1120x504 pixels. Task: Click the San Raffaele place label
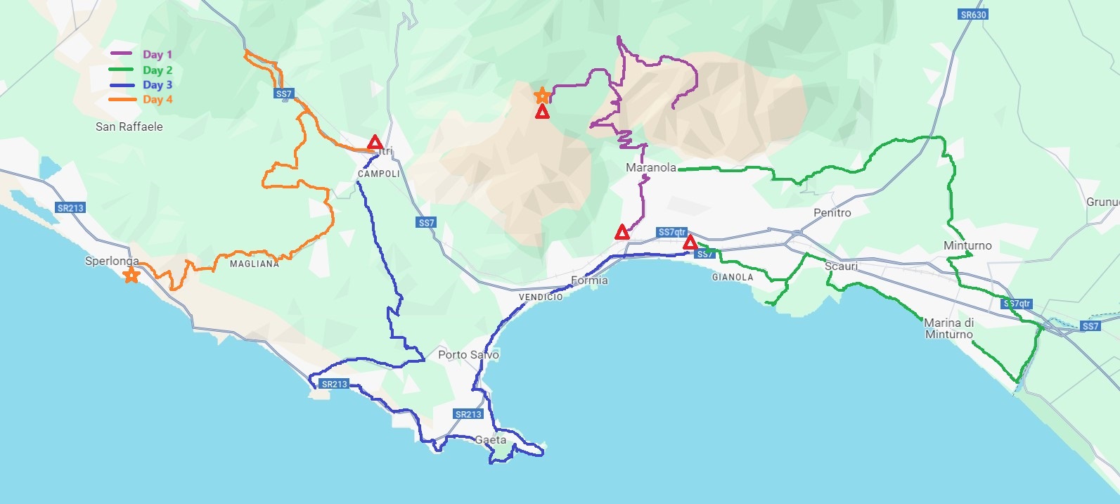click(129, 127)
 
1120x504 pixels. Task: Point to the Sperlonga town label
click(112, 261)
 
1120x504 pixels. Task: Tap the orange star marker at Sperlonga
click(131, 275)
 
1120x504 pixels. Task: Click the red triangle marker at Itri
click(375, 143)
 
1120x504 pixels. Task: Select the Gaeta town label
click(490, 440)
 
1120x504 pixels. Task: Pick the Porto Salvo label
click(468, 354)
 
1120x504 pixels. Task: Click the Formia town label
click(589, 280)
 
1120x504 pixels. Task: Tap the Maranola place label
click(651, 167)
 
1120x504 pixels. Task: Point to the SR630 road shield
click(973, 14)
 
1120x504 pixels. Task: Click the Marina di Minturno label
click(949, 328)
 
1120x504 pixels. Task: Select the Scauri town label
click(841, 266)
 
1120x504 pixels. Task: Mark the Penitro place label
click(832, 212)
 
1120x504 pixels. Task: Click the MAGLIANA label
click(254, 264)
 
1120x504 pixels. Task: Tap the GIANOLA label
click(733, 277)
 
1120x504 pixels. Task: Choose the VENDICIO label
click(541, 297)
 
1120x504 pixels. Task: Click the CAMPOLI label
click(378, 174)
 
